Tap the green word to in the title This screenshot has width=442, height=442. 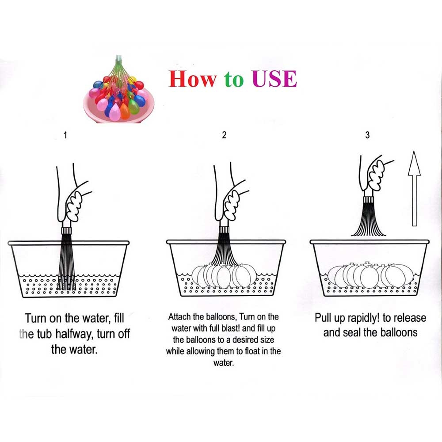pyautogui.click(x=234, y=79)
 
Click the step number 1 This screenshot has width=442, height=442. pyautogui.click(x=65, y=135)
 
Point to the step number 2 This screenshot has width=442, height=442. pyautogui.click(x=224, y=135)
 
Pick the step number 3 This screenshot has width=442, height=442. pyautogui.click(x=367, y=135)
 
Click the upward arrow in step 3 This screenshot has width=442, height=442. pyautogui.click(x=414, y=188)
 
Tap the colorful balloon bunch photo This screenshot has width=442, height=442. pyautogui.click(x=119, y=90)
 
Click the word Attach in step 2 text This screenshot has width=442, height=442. pyautogui.click(x=180, y=316)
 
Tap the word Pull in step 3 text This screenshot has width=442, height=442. pyautogui.click(x=323, y=318)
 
